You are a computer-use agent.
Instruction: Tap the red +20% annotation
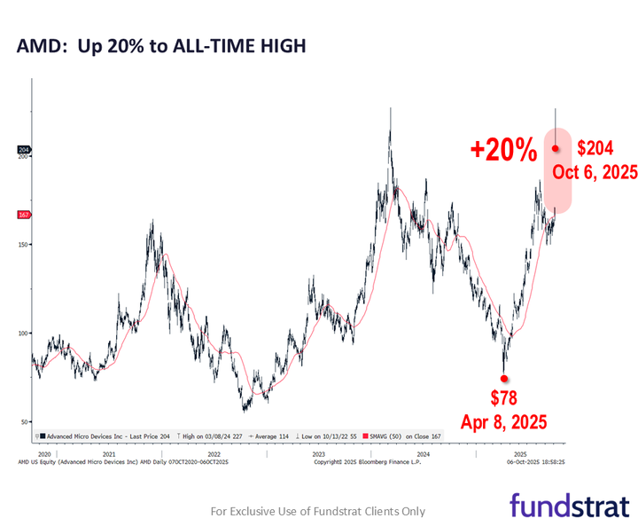click(x=503, y=150)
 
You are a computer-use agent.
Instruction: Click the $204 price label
click(x=595, y=148)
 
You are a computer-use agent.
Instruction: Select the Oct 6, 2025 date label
click(x=595, y=172)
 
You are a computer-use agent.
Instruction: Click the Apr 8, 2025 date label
click(x=503, y=420)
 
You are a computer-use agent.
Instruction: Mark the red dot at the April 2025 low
click(x=504, y=378)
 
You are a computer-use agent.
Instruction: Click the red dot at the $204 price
click(x=556, y=149)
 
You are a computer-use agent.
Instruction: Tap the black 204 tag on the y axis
click(x=24, y=151)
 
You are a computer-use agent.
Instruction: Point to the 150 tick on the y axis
click(x=23, y=245)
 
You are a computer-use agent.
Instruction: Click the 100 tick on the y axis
click(x=23, y=334)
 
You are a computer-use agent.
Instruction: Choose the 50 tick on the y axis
click(x=25, y=422)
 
